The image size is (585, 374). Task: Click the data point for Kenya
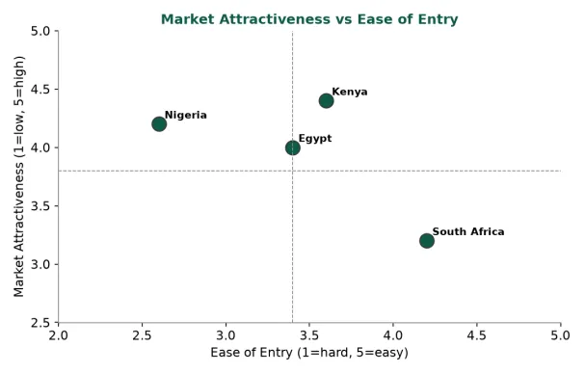(x=326, y=101)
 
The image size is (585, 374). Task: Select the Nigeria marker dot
(x=159, y=124)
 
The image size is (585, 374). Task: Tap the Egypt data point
(x=293, y=147)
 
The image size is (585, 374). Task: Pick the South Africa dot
(x=426, y=241)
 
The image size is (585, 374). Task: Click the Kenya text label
(x=350, y=92)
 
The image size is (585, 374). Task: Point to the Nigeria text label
(x=186, y=115)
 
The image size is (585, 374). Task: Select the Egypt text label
(x=315, y=139)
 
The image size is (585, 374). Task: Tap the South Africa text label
(x=468, y=231)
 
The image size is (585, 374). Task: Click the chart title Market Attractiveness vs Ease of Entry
(x=309, y=19)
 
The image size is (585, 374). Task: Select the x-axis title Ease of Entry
(x=309, y=353)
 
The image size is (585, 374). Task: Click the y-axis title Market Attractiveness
(x=18, y=176)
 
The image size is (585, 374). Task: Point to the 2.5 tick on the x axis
(x=142, y=335)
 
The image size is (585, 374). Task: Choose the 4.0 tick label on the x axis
(x=393, y=335)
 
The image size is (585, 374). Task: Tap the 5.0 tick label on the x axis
(x=560, y=335)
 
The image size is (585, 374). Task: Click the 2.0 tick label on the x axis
(x=59, y=335)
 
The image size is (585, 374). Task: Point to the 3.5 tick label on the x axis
(x=309, y=335)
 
